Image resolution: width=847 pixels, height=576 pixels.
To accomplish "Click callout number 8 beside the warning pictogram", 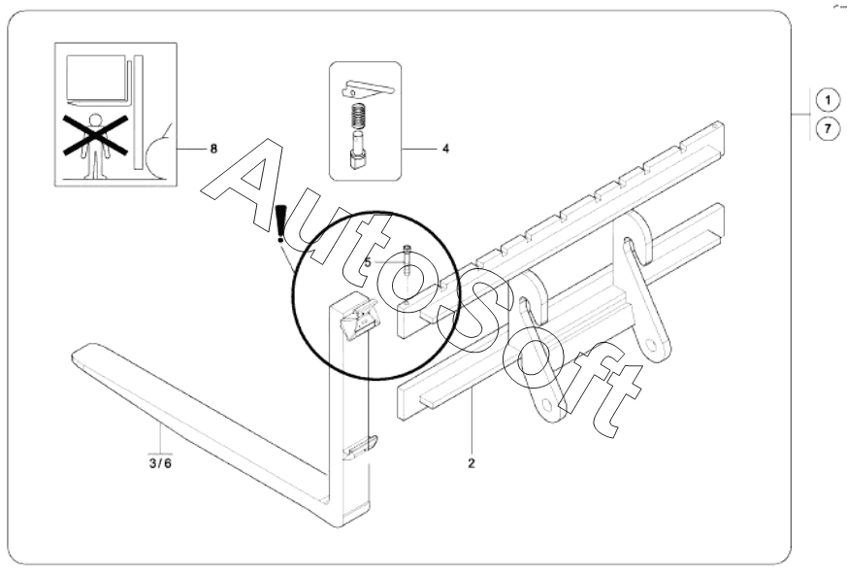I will pos(213,149).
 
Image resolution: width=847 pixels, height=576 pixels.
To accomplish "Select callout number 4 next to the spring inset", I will pos(444,150).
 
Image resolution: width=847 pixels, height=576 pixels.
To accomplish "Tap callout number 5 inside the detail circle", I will pos(369,262).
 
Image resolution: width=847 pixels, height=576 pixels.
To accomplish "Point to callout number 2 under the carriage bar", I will pos(472,463).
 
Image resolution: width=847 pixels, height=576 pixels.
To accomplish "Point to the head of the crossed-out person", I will pos(94,122).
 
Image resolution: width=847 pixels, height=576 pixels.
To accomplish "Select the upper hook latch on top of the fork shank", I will pos(364,316).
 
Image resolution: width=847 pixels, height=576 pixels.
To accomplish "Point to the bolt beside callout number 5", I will pos(407,259).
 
